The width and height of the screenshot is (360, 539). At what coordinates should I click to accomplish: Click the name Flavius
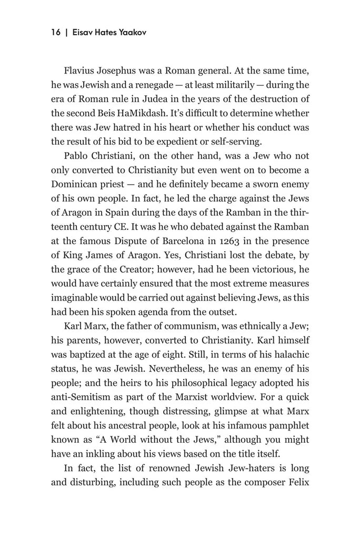[79, 70]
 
